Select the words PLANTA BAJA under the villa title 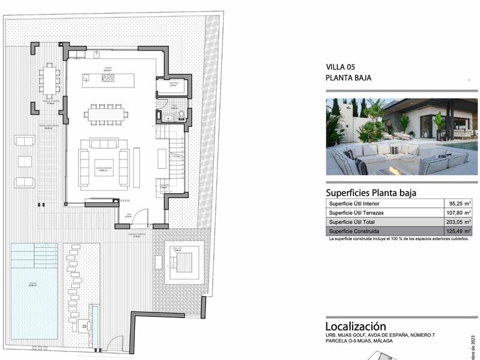(x=349, y=79)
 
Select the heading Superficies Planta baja (x=371, y=192)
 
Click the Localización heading (x=356, y=326)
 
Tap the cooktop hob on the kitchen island (x=107, y=79)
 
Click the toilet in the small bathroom (x=181, y=114)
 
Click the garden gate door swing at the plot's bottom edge (x=115, y=343)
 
